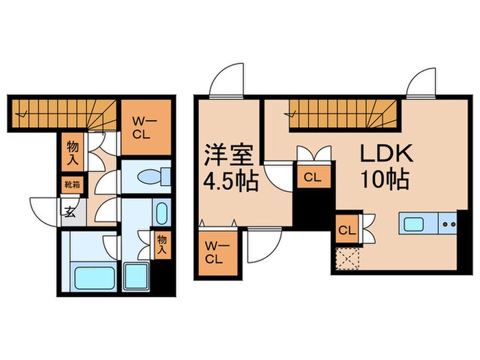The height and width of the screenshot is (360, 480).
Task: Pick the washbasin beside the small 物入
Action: (161, 213)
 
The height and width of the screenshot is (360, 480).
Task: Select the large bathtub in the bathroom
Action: (95, 278)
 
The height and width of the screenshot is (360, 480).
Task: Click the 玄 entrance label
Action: (71, 211)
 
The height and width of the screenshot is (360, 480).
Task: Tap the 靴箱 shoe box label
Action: (72, 184)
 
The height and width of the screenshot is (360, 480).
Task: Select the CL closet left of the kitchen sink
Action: (346, 230)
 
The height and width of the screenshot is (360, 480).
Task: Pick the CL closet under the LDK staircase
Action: (312, 177)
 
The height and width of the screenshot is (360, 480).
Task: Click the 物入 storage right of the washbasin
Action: (161, 245)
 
